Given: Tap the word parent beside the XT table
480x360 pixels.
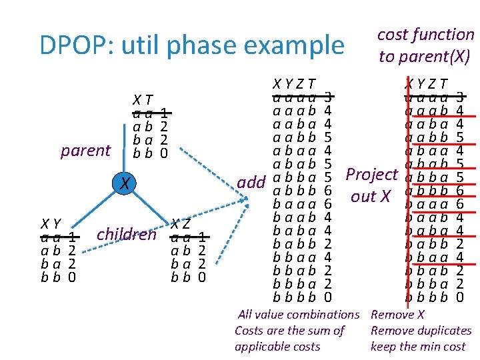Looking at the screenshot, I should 85,151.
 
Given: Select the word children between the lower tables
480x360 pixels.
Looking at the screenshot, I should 127,234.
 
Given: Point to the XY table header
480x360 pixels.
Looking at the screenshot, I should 51,223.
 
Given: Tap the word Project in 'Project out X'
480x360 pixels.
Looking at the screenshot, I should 371,175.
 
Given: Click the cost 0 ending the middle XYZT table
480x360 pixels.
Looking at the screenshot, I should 327,297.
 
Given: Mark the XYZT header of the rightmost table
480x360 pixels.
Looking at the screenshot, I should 427,83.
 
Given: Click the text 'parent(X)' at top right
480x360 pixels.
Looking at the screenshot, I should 425,57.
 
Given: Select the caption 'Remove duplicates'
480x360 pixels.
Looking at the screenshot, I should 421,331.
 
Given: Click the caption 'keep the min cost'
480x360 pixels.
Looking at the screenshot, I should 418,347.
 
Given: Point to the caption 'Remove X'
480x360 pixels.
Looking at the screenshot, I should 397,314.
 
